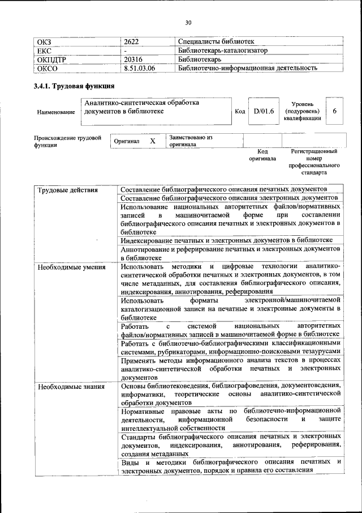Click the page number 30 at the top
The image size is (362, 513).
(188, 23)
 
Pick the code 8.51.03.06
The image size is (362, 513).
(139, 68)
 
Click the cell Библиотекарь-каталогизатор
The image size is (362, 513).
(222, 50)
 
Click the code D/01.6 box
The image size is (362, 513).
(263, 112)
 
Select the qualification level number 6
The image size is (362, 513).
(334, 112)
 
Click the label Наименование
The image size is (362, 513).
(56, 112)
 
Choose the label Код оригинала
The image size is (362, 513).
(262, 155)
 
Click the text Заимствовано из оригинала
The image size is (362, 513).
(191, 141)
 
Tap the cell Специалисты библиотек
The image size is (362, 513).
(216, 41)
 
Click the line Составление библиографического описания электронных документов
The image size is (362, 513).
(230, 198)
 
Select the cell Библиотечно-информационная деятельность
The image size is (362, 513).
(247, 68)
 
